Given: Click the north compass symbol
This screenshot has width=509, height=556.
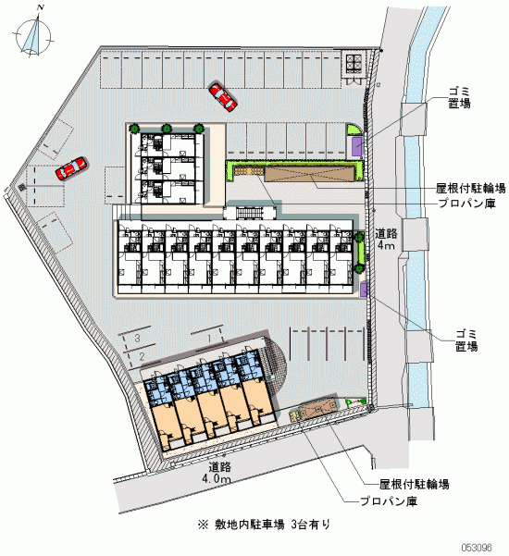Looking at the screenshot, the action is [x=34, y=35].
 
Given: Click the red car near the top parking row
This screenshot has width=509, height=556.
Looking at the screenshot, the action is [x=222, y=97].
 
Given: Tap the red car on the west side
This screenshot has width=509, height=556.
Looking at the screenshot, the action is [x=71, y=167].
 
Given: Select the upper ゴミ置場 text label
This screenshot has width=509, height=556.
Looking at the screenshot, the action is [x=459, y=98].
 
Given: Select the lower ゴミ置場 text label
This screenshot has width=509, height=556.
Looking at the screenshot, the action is [x=466, y=340].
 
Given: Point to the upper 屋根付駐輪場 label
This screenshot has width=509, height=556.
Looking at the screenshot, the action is [x=471, y=189].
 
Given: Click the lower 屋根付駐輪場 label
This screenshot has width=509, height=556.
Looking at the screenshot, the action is [x=415, y=484].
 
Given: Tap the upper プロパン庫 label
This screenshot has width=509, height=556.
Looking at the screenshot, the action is [x=466, y=204].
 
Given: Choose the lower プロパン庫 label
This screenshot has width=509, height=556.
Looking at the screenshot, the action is [x=389, y=501].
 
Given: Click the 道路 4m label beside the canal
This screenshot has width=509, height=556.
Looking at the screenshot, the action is [x=386, y=239].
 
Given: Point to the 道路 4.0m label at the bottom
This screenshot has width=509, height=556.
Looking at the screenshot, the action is [x=217, y=473].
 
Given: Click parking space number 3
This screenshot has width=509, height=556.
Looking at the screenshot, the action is [x=137, y=338].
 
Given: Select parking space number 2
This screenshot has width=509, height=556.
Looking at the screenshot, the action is [x=142, y=356].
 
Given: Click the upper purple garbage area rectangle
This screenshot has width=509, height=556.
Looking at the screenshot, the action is [x=357, y=147].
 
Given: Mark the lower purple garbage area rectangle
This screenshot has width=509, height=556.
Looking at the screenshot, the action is [x=364, y=290].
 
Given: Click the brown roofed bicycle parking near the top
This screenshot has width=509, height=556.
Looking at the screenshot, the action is [x=311, y=174].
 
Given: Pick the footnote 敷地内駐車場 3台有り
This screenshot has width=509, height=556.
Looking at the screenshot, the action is [x=265, y=525].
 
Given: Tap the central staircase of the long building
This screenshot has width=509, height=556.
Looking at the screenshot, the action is [x=250, y=213].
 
